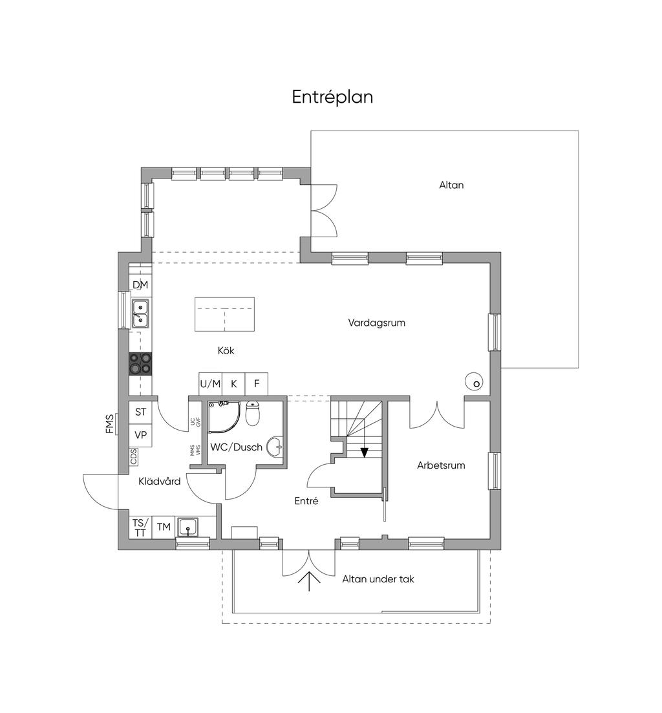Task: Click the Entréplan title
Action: [332, 98]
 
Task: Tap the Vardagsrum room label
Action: [376, 323]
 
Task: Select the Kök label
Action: [226, 350]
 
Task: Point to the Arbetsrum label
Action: [441, 465]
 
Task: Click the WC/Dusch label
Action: [236, 447]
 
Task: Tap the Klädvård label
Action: [159, 481]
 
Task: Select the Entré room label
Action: [306, 500]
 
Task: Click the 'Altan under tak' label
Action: [378, 579]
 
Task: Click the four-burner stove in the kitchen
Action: [140, 364]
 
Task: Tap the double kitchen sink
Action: [140, 314]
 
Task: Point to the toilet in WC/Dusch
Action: [253, 412]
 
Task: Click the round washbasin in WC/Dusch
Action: [275, 447]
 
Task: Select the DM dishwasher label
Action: [140, 285]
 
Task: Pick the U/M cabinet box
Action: [210, 384]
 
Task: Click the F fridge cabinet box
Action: [257, 384]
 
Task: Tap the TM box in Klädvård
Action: [164, 527]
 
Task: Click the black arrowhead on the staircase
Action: [364, 452]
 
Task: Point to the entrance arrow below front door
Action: [309, 580]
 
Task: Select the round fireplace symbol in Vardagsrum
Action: [474, 382]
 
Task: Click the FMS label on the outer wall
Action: [109, 423]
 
